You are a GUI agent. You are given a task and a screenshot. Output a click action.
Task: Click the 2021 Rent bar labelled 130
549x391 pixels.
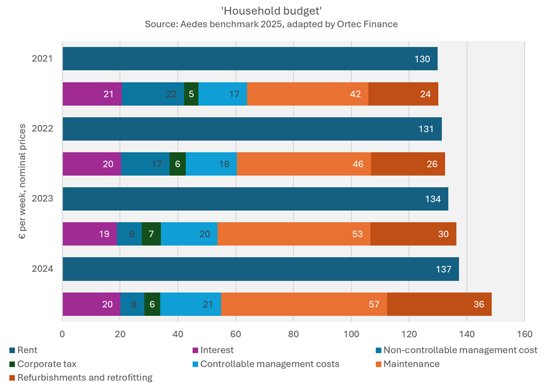pyautogui.click(x=250, y=59)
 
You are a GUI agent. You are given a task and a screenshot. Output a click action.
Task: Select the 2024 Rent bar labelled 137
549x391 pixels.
pyautogui.click(x=260, y=269)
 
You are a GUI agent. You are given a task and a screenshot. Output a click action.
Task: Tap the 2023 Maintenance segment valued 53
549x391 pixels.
pyautogui.click(x=294, y=234)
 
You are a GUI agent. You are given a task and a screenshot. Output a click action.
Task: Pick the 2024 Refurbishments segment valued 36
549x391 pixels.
pyautogui.click(x=439, y=304)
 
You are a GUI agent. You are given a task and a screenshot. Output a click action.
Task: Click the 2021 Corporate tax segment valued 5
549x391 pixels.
pyautogui.click(x=191, y=94)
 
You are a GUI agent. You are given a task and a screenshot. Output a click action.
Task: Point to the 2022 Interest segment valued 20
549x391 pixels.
pyautogui.click(x=92, y=164)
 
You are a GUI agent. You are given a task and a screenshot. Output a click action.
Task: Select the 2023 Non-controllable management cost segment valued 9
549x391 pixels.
pyautogui.click(x=130, y=234)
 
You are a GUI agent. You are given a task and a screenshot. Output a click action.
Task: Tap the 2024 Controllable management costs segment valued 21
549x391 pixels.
pyautogui.click(x=191, y=304)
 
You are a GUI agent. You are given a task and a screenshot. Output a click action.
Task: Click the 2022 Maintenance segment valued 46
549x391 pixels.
pyautogui.click(x=304, y=164)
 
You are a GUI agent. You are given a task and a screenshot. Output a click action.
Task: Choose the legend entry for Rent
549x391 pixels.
pyautogui.click(x=27, y=350)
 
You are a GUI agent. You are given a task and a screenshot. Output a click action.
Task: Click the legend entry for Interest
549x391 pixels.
pyautogui.click(x=217, y=350)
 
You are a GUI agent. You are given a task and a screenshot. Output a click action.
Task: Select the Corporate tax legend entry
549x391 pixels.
pyautogui.click(x=47, y=364)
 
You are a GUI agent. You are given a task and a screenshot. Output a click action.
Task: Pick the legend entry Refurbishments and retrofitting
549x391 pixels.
pyautogui.click(x=85, y=377)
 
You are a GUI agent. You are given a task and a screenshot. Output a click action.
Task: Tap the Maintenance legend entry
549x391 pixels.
pyautogui.click(x=411, y=364)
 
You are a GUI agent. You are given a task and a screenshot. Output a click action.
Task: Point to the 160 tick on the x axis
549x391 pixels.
pyautogui.click(x=524, y=333)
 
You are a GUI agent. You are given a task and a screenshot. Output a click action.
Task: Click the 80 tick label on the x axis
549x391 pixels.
pyautogui.click(x=293, y=333)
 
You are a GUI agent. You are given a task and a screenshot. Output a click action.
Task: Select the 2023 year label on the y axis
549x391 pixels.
pyautogui.click(x=42, y=198)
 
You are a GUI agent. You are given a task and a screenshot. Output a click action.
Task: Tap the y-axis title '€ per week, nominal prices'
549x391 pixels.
pyautogui.click(x=23, y=181)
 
